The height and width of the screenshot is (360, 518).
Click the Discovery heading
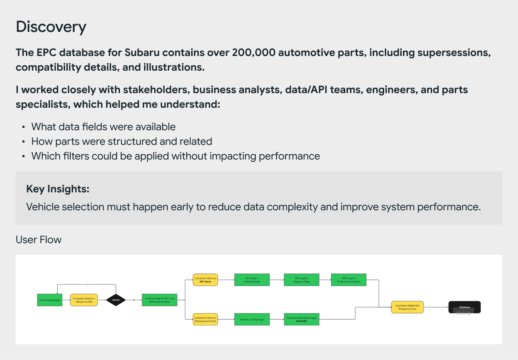51,27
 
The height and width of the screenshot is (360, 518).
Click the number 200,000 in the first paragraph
253,52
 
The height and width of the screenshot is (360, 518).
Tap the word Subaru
142,52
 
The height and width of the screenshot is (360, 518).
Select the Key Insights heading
58,189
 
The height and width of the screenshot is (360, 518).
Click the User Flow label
38,240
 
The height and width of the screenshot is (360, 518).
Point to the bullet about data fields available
103,127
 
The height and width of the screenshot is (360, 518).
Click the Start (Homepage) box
50,300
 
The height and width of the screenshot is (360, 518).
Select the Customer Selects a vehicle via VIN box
84,300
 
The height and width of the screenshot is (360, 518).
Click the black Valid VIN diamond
116,300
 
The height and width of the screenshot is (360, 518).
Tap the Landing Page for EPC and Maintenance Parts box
159,300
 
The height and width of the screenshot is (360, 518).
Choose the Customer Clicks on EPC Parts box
205,280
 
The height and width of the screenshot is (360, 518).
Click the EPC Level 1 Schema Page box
252,280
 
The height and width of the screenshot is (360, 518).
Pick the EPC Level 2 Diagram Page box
301,280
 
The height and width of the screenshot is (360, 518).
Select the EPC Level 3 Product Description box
349,280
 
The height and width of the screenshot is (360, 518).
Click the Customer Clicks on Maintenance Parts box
205,319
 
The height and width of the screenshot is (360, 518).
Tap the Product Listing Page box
252,319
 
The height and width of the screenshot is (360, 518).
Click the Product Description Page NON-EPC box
301,319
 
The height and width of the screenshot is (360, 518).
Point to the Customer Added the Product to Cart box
407,307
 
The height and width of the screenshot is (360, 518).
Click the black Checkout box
464,307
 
